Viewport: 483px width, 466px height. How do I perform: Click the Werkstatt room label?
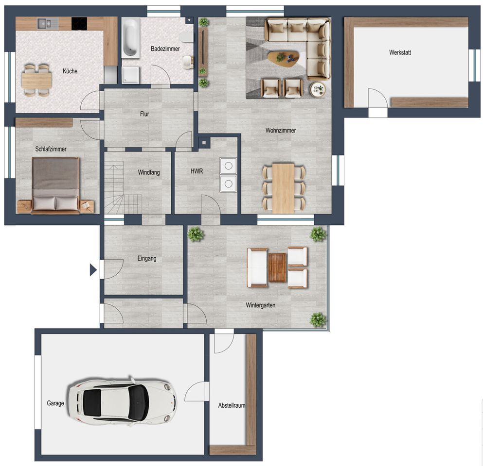[x=400, y=52]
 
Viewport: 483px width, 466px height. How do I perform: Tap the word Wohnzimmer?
[x=281, y=130]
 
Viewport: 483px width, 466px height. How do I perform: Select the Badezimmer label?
[x=165, y=49]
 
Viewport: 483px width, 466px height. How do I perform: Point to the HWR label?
[x=197, y=171]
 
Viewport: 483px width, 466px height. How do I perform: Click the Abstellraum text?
[x=232, y=405]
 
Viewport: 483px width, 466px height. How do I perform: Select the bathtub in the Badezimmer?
[x=131, y=37]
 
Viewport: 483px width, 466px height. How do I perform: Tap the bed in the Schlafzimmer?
[x=56, y=185]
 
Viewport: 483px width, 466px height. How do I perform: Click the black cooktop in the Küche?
[x=79, y=23]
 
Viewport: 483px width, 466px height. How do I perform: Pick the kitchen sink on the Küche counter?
[x=48, y=23]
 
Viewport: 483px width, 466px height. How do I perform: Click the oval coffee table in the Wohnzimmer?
[x=283, y=58]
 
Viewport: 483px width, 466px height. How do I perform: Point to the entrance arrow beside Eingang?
[x=93, y=270]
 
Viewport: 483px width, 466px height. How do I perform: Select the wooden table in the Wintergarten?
[x=277, y=267]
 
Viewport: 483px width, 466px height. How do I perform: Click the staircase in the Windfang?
[x=123, y=189]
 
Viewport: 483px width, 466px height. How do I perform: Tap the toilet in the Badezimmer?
[x=186, y=37]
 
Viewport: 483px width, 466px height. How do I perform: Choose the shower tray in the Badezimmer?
[x=131, y=75]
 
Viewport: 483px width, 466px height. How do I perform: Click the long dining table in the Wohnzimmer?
[x=284, y=188]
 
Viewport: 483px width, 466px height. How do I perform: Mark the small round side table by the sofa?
[x=317, y=90]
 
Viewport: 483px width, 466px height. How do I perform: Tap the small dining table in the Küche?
[x=36, y=80]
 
